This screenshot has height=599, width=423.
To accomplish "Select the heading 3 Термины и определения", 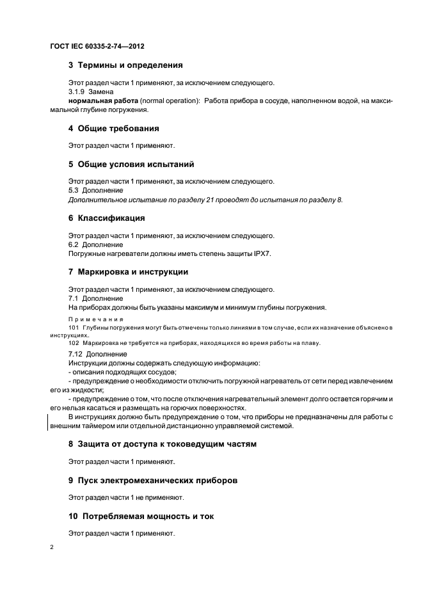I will click(x=125, y=65).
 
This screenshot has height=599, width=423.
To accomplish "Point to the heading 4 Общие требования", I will click(x=113, y=128).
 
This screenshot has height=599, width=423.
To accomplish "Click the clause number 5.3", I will click(x=74, y=191).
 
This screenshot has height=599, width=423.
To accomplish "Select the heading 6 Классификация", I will click(x=107, y=218).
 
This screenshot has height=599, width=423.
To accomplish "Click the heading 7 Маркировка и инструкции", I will click(x=128, y=271).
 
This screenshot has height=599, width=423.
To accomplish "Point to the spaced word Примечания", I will click(x=96, y=319).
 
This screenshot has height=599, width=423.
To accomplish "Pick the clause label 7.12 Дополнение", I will click(x=97, y=354).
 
